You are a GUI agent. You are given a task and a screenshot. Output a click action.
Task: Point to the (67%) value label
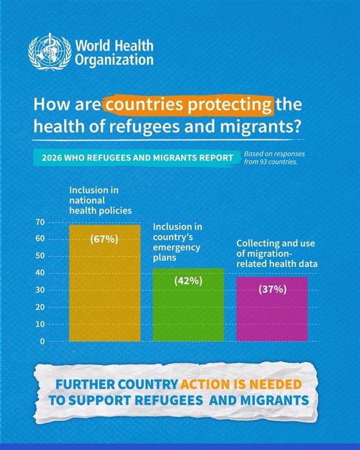[x=104, y=239]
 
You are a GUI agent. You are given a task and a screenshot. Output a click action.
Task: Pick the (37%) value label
[x=273, y=290]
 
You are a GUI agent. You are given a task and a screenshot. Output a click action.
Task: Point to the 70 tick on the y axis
[x=40, y=222]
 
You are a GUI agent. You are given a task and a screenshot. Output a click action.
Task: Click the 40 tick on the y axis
[x=40, y=273]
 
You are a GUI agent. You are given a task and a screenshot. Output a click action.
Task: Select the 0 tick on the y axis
[x=42, y=341]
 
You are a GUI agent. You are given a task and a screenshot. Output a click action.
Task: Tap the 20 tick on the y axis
[x=40, y=307]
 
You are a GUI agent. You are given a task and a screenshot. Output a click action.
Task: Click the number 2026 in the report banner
[x=48, y=157]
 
